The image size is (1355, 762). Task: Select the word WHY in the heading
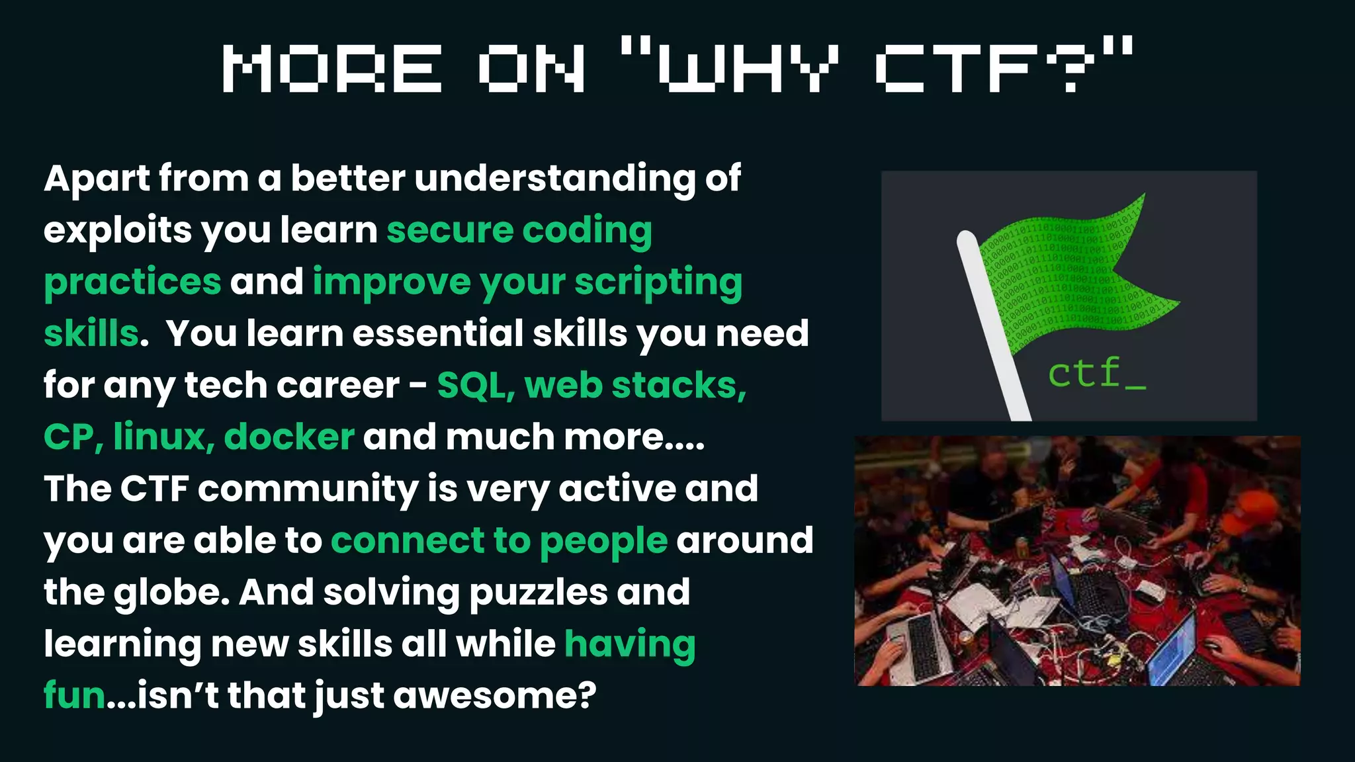tap(748, 68)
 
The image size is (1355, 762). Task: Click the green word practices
tap(132, 282)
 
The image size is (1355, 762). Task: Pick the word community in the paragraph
tap(308, 489)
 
